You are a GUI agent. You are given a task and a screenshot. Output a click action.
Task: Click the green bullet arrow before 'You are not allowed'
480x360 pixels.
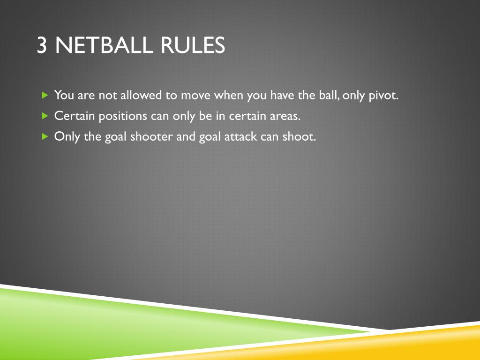(45, 95)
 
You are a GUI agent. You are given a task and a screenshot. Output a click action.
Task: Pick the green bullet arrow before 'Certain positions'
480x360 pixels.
(45, 115)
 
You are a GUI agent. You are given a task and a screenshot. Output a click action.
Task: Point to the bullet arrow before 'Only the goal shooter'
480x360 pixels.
(45, 136)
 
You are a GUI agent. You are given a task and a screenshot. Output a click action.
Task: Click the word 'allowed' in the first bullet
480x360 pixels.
(140, 95)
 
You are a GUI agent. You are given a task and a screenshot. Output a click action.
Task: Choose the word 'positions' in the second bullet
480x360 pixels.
(123, 116)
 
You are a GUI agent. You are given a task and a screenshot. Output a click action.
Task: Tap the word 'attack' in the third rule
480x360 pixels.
(239, 136)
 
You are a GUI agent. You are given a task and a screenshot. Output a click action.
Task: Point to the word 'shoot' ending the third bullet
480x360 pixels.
(299, 136)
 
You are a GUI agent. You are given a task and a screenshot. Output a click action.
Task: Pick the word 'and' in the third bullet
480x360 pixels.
(186, 136)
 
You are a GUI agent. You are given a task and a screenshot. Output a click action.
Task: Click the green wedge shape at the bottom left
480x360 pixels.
(70, 323)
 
